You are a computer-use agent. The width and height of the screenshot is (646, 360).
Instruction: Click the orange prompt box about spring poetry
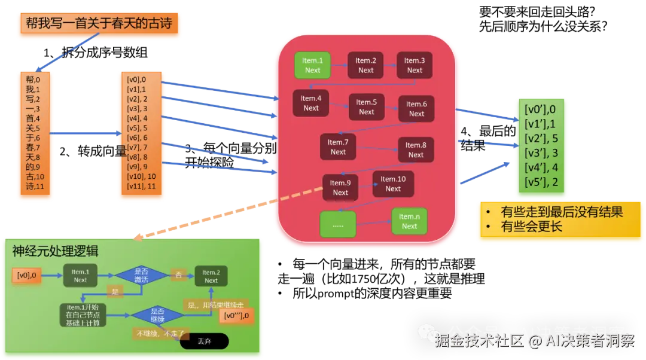(x=99, y=24)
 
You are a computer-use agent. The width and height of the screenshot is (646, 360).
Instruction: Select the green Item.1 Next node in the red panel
(x=312, y=65)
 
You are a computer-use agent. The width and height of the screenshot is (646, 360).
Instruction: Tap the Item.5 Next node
(x=366, y=107)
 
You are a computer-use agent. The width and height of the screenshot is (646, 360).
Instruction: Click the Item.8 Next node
(x=416, y=150)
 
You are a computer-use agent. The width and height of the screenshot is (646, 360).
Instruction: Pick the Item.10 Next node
(x=392, y=184)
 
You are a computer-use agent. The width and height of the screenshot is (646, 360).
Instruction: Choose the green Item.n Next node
(x=409, y=221)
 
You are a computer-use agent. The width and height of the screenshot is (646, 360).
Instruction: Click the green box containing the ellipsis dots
(x=338, y=225)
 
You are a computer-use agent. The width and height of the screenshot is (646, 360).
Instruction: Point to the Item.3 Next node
(x=415, y=65)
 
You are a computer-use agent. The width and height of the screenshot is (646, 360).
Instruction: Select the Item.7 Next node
(x=338, y=147)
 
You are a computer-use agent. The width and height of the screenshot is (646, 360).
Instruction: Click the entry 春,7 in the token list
(x=33, y=147)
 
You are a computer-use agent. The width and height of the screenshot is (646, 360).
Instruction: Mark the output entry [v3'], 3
(x=541, y=153)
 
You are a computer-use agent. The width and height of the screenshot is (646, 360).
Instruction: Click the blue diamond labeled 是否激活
(x=141, y=275)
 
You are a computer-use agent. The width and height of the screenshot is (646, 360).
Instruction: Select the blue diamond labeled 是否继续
(x=157, y=315)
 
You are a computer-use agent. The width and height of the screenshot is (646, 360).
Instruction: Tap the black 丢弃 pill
(x=204, y=341)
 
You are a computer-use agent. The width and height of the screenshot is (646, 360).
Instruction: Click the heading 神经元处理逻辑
(x=55, y=251)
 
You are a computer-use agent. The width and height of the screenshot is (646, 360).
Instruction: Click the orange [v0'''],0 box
(x=237, y=315)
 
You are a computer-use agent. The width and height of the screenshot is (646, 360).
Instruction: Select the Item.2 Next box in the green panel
(x=211, y=276)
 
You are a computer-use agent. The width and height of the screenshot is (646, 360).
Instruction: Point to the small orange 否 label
(x=178, y=274)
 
